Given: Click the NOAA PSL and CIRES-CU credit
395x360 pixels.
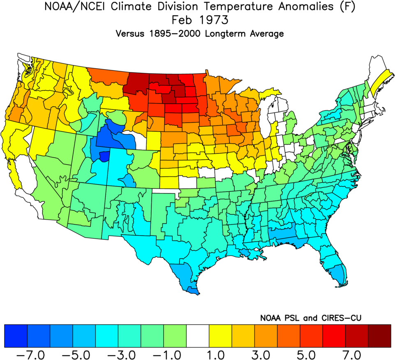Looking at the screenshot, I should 310,318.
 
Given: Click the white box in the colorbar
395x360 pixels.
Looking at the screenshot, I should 198,336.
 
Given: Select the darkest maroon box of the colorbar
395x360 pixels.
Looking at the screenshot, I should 379,336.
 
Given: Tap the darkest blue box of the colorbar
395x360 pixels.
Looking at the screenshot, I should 16,336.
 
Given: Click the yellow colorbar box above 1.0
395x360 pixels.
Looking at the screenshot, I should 221,336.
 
